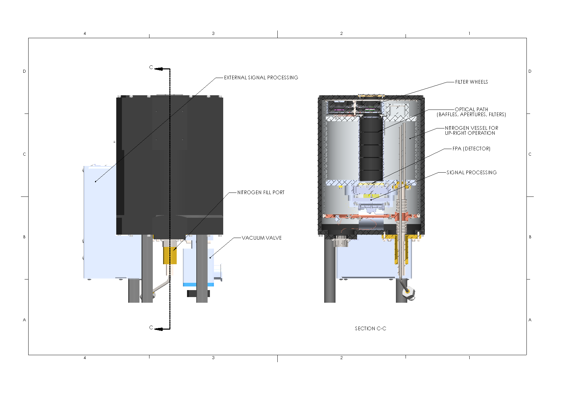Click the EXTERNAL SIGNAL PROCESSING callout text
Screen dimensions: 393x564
tap(261, 78)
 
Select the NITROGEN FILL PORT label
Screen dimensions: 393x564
tap(261, 193)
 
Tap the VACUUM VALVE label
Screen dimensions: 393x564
tap(261, 238)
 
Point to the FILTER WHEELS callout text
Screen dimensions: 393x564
tap(471, 82)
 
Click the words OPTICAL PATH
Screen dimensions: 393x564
tap(471, 110)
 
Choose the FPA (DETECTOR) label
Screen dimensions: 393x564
tap(471, 149)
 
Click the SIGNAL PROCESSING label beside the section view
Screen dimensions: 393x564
tap(471, 173)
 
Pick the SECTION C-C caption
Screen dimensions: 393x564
tap(370, 329)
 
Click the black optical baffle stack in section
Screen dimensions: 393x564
tap(371, 149)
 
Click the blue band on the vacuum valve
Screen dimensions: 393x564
tap(198, 284)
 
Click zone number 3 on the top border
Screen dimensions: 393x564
tap(213, 34)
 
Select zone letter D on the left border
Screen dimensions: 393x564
tap(24, 71)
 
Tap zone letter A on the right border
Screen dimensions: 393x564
tap(530, 320)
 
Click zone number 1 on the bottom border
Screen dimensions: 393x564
tap(469, 358)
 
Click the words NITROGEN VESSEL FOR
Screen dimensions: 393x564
tap(471, 128)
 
